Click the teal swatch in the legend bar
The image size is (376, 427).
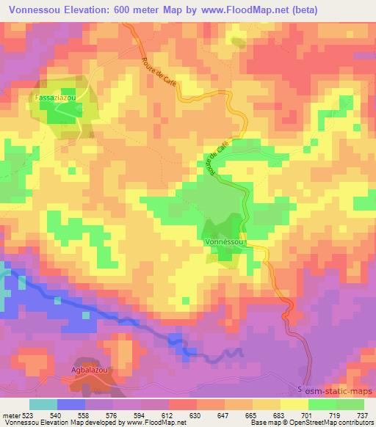(x=43, y=404)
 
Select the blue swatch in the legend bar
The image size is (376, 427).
(x=71, y=404)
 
